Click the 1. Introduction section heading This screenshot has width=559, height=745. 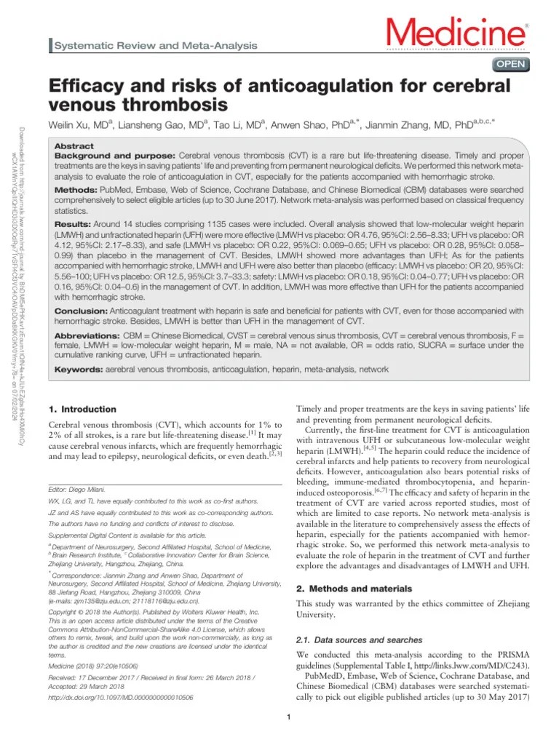(x=82, y=410)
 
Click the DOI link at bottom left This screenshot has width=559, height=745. (x=120, y=698)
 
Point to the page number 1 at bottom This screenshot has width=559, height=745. (x=289, y=719)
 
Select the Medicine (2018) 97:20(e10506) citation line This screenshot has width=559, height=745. (x=92, y=665)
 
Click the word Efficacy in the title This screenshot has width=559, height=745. (x=84, y=86)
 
